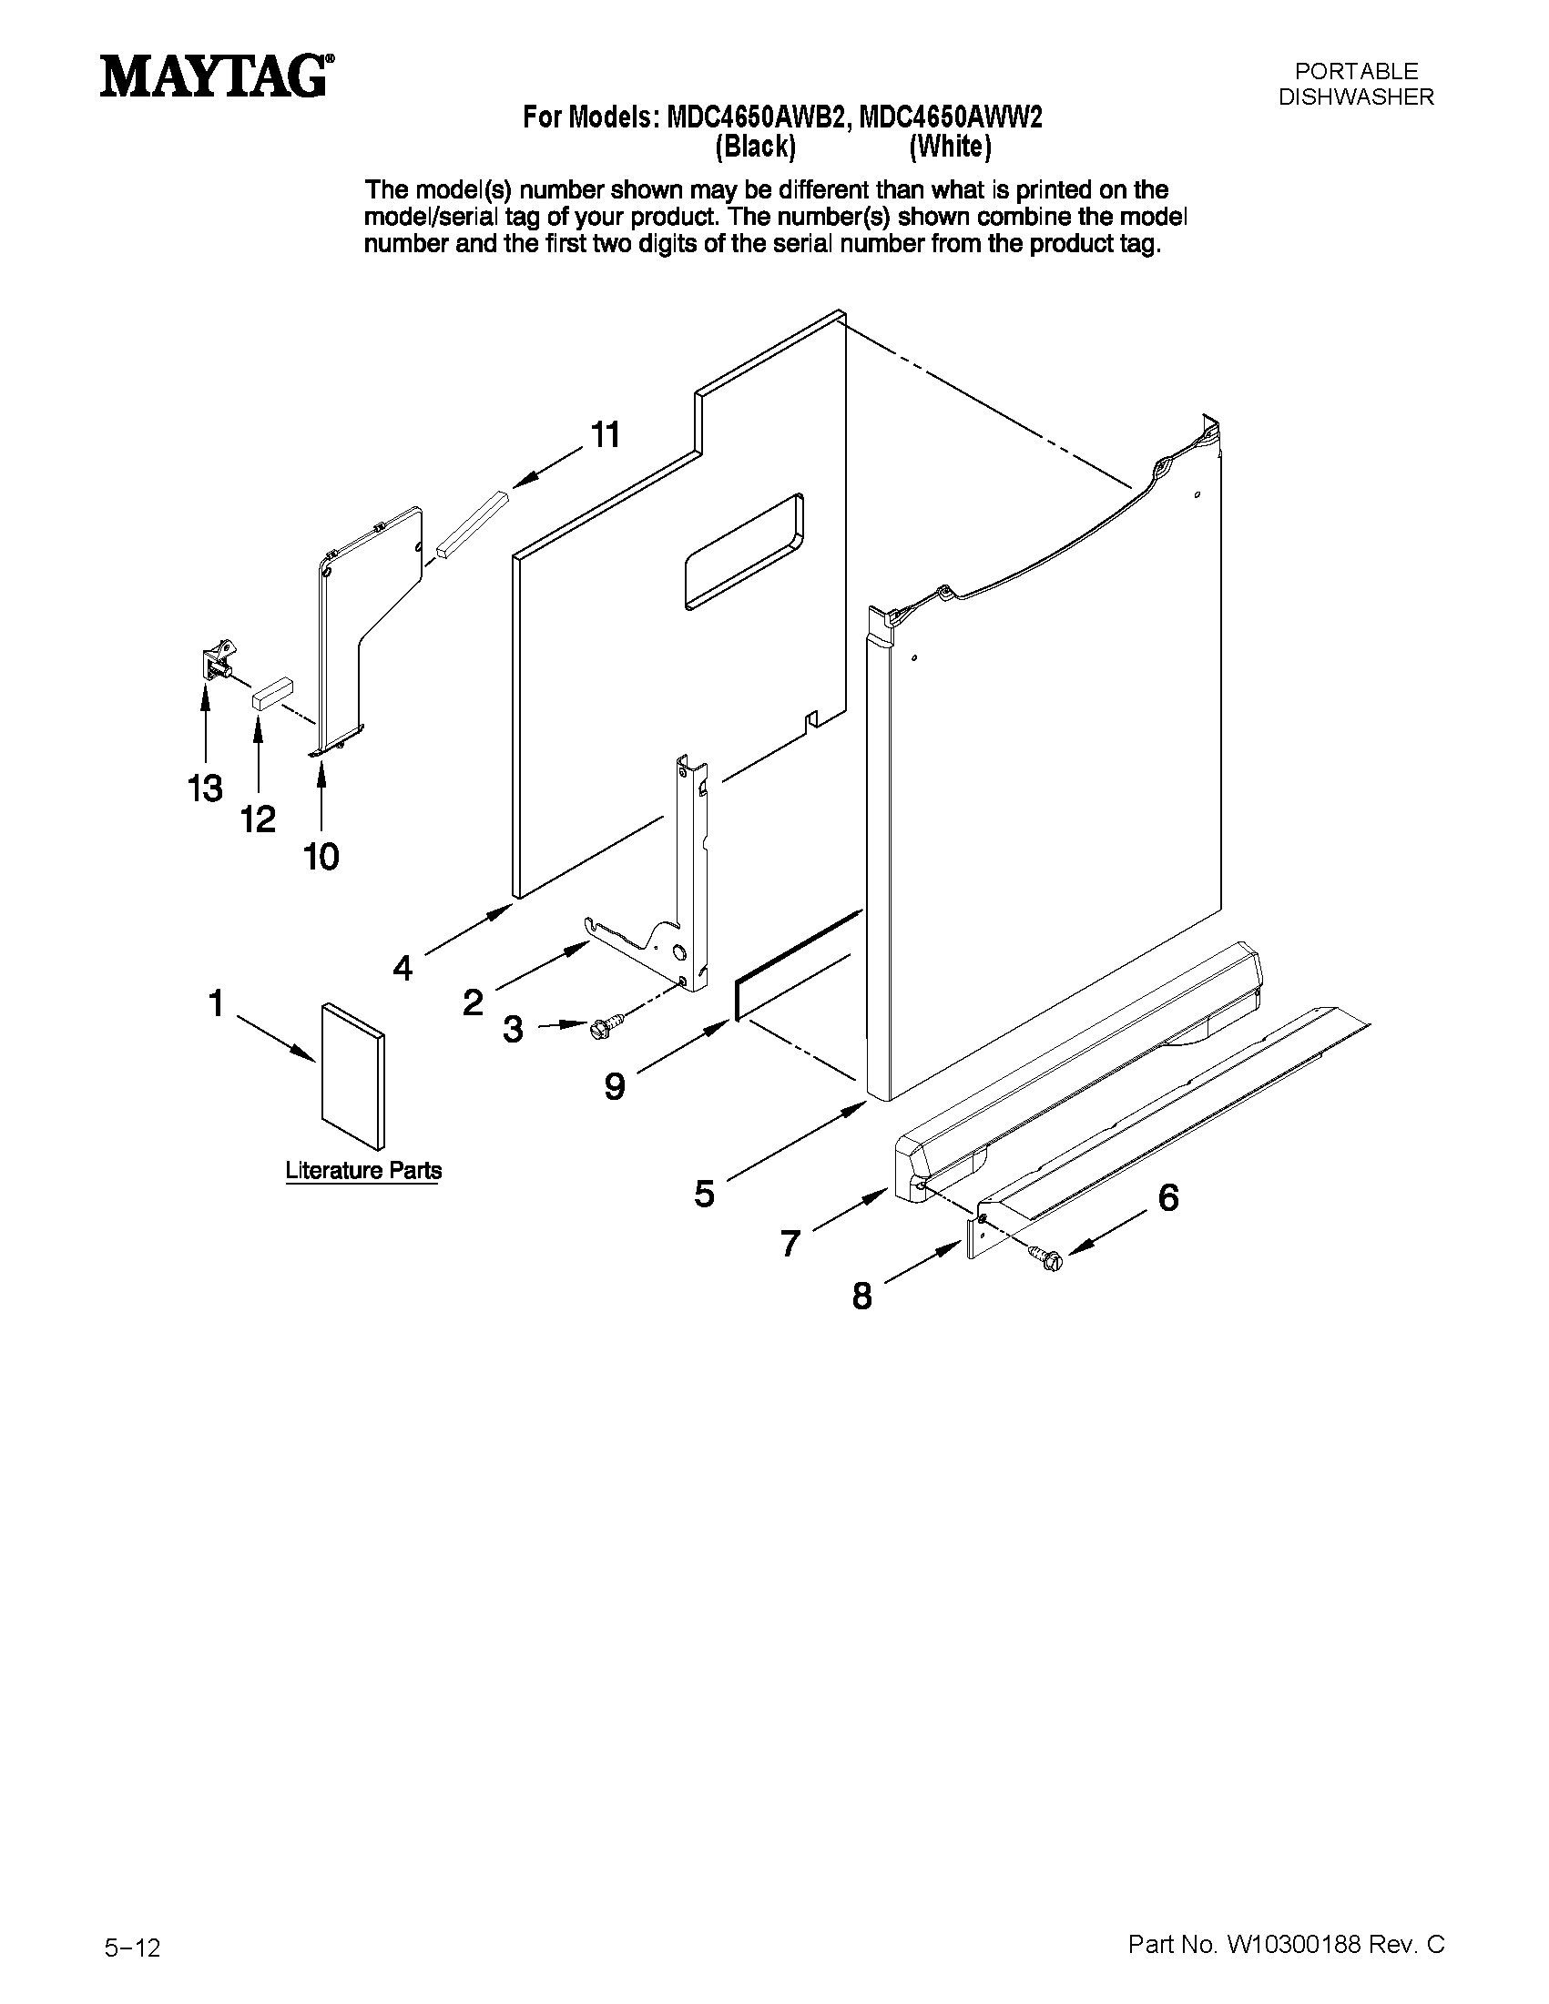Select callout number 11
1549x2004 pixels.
(605, 434)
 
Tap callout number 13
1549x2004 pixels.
(205, 788)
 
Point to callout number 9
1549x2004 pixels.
(614, 1086)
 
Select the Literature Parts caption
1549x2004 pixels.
(363, 1171)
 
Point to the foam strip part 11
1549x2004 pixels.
(472, 524)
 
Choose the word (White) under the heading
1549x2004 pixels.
(950, 147)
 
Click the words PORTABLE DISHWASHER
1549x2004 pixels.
(1355, 84)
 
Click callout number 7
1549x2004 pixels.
(790, 1244)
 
